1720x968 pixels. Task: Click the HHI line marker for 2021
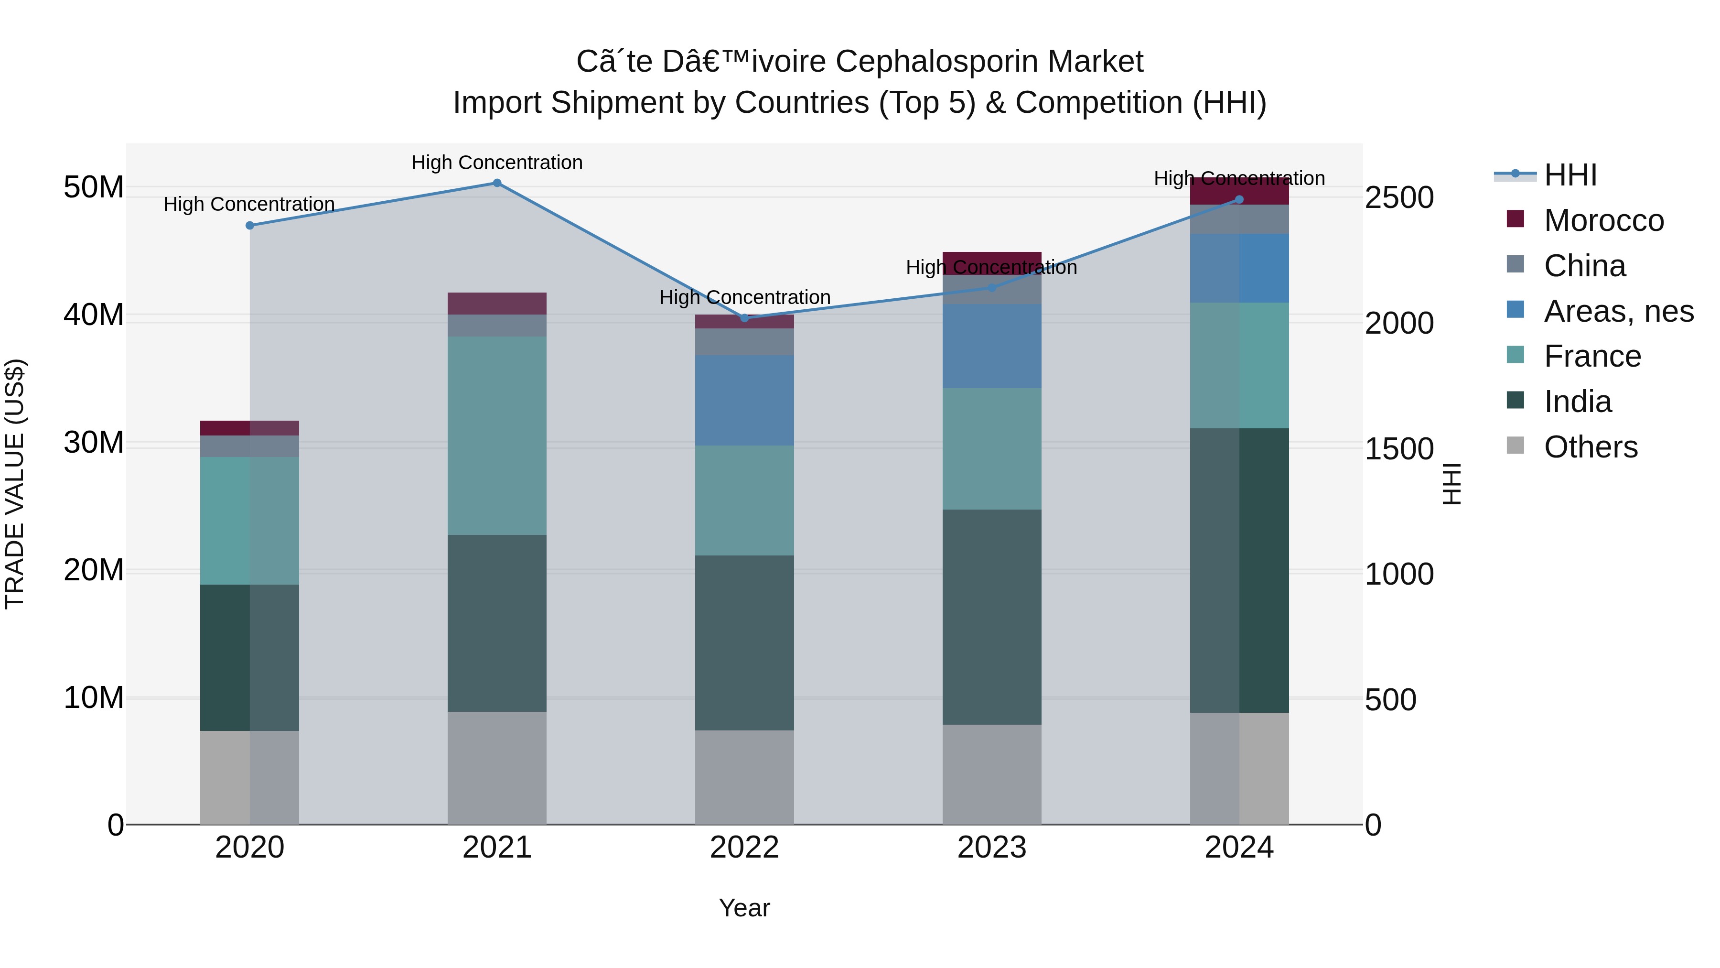tap(497, 183)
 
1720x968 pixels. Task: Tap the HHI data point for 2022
tap(744, 318)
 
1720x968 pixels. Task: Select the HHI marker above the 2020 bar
tap(250, 226)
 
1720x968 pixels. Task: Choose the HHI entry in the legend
tap(1570, 175)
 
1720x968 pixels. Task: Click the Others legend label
tap(1591, 447)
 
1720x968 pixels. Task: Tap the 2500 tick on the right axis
tap(1399, 198)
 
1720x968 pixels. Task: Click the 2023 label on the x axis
tap(991, 848)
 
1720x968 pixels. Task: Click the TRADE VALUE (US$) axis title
tap(15, 484)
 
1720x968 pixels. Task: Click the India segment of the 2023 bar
tap(991, 617)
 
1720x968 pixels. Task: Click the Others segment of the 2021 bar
tap(497, 768)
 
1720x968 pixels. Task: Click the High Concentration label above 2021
tap(497, 163)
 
